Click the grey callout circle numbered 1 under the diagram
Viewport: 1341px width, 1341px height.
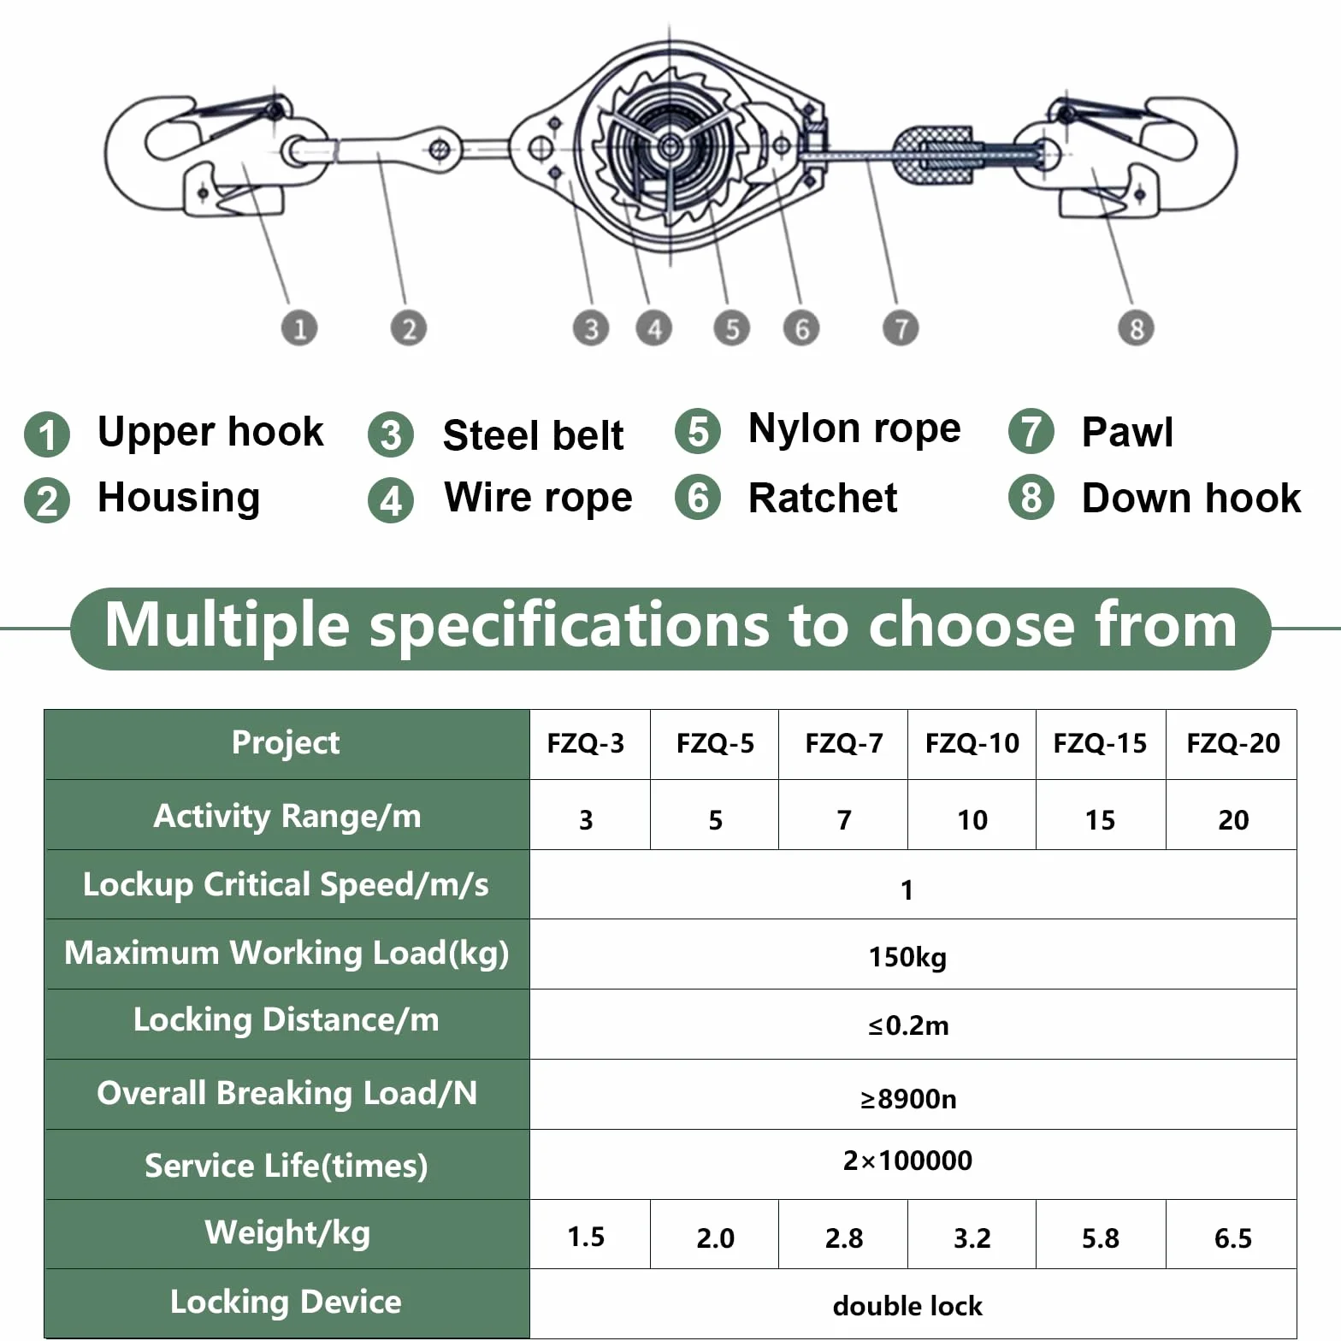pyautogui.click(x=299, y=328)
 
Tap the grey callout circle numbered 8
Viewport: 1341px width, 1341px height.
pyautogui.click(x=1136, y=328)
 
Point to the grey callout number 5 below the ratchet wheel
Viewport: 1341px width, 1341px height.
pyautogui.click(x=732, y=328)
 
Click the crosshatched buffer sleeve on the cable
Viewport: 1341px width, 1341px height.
pyautogui.click(x=933, y=155)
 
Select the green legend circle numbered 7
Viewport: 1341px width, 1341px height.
pyautogui.click(x=1031, y=431)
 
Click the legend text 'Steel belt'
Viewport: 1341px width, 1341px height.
pyautogui.click(x=533, y=434)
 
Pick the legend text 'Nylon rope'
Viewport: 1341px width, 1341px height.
pyautogui.click(x=854, y=429)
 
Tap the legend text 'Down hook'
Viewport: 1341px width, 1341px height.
pyautogui.click(x=1191, y=498)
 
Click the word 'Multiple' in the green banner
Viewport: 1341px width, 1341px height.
pyautogui.click(x=227, y=626)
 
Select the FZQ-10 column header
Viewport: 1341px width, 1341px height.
pyautogui.click(x=972, y=743)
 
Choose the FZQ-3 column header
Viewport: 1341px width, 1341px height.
pyautogui.click(x=586, y=743)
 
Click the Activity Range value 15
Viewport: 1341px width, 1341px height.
pyautogui.click(x=1100, y=820)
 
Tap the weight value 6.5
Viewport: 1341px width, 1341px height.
pyautogui.click(x=1232, y=1238)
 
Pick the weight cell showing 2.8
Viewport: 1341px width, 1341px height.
pyautogui.click(x=844, y=1238)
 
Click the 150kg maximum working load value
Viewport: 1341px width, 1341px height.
pyautogui.click(x=907, y=957)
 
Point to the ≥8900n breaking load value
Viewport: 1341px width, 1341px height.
pyautogui.click(x=908, y=1098)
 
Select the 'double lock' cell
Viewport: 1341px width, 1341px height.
pyautogui.click(x=907, y=1306)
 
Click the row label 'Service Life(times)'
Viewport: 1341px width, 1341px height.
pyautogui.click(x=287, y=1166)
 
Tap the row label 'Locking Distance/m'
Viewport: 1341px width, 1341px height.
pyautogui.click(x=287, y=1019)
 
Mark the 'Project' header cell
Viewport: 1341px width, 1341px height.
pyautogui.click(x=286, y=742)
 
